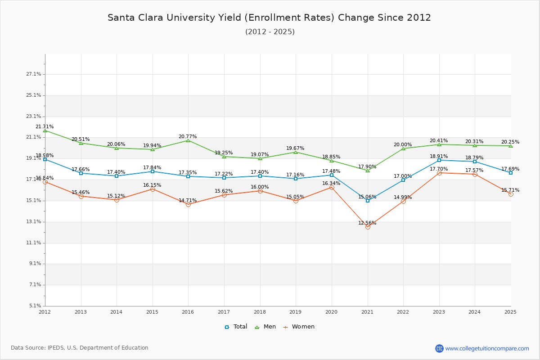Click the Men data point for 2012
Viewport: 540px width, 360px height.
(45, 130)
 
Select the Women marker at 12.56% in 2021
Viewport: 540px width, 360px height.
(368, 227)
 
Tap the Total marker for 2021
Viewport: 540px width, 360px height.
(368, 201)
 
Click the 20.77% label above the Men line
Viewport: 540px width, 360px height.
(188, 136)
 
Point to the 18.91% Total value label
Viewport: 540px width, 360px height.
(439, 156)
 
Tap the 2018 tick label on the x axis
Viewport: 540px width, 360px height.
(260, 311)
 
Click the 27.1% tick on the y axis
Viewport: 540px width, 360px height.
(34, 74)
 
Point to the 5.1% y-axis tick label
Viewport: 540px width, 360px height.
(36, 306)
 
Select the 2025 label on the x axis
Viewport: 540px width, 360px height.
(510, 311)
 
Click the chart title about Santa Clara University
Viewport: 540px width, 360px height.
(269, 18)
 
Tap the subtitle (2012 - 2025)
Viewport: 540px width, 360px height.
(270, 31)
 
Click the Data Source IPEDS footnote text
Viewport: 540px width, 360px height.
(80, 348)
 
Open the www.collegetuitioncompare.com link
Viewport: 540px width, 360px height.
(487, 348)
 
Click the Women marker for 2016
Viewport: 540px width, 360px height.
(188, 204)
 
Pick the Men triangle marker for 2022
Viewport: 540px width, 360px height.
(403, 148)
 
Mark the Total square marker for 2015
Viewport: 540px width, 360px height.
(153, 171)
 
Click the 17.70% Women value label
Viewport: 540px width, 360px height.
(439, 169)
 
